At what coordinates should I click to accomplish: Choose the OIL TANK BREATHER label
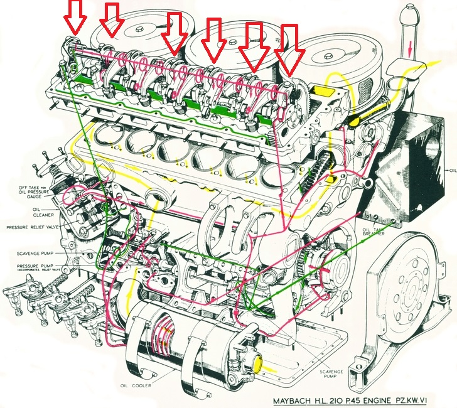point(374,234)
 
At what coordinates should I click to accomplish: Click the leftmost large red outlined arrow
point(76,17)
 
